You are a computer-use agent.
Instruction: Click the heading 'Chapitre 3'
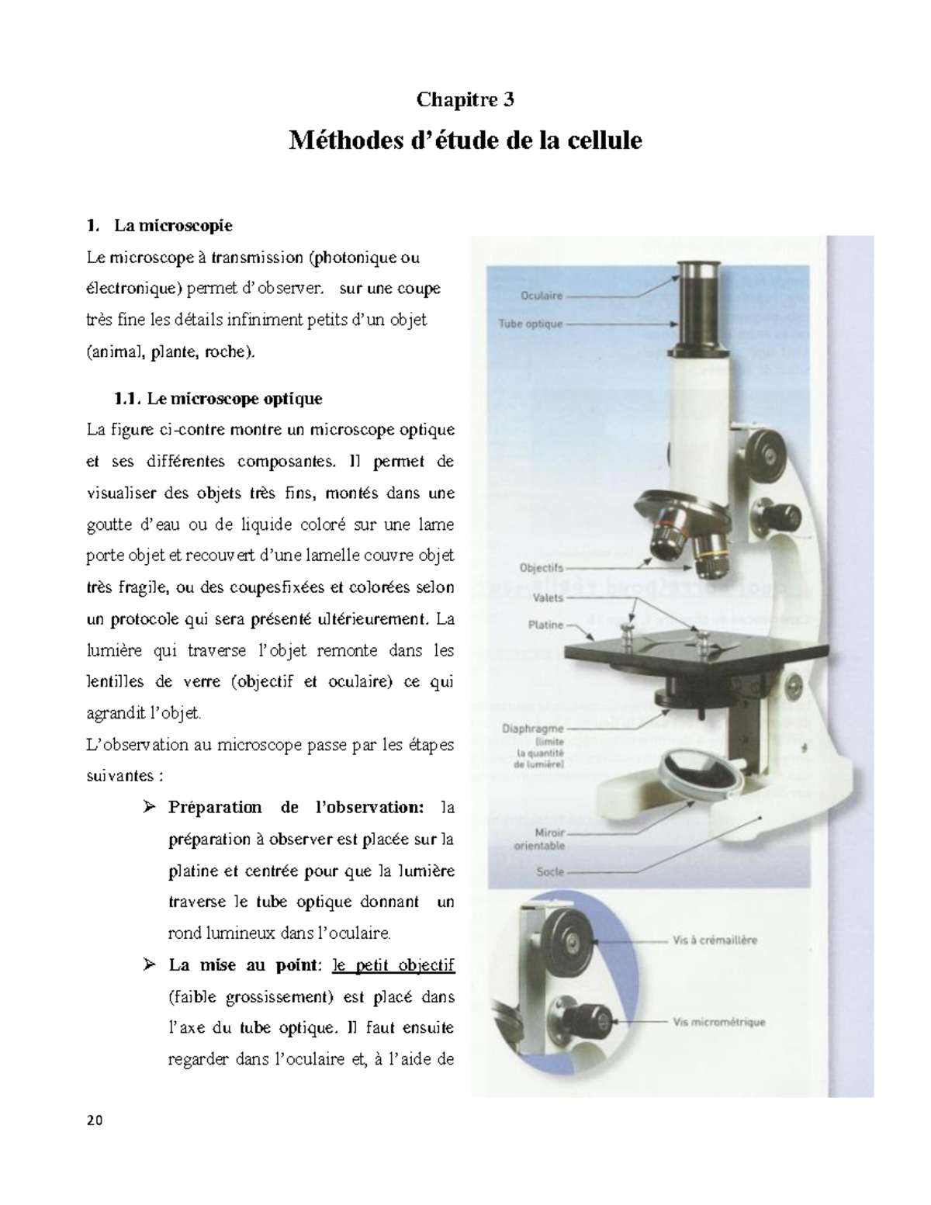pos(465,100)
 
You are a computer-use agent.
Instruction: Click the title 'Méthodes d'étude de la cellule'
pos(465,141)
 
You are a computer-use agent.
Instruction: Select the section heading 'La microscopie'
pos(172,226)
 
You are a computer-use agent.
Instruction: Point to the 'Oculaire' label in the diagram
pos(542,296)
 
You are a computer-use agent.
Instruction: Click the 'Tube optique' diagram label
pos(530,324)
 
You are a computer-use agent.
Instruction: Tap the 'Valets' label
pos(548,598)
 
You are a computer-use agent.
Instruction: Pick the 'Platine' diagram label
pos(545,625)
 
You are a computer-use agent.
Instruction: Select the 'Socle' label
pos(550,872)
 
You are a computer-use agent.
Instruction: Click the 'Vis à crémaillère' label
pos(714,940)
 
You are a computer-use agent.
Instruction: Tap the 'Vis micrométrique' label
pos(718,1022)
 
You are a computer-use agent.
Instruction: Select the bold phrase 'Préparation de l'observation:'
pos(296,808)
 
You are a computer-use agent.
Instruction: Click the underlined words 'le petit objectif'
pos(393,966)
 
